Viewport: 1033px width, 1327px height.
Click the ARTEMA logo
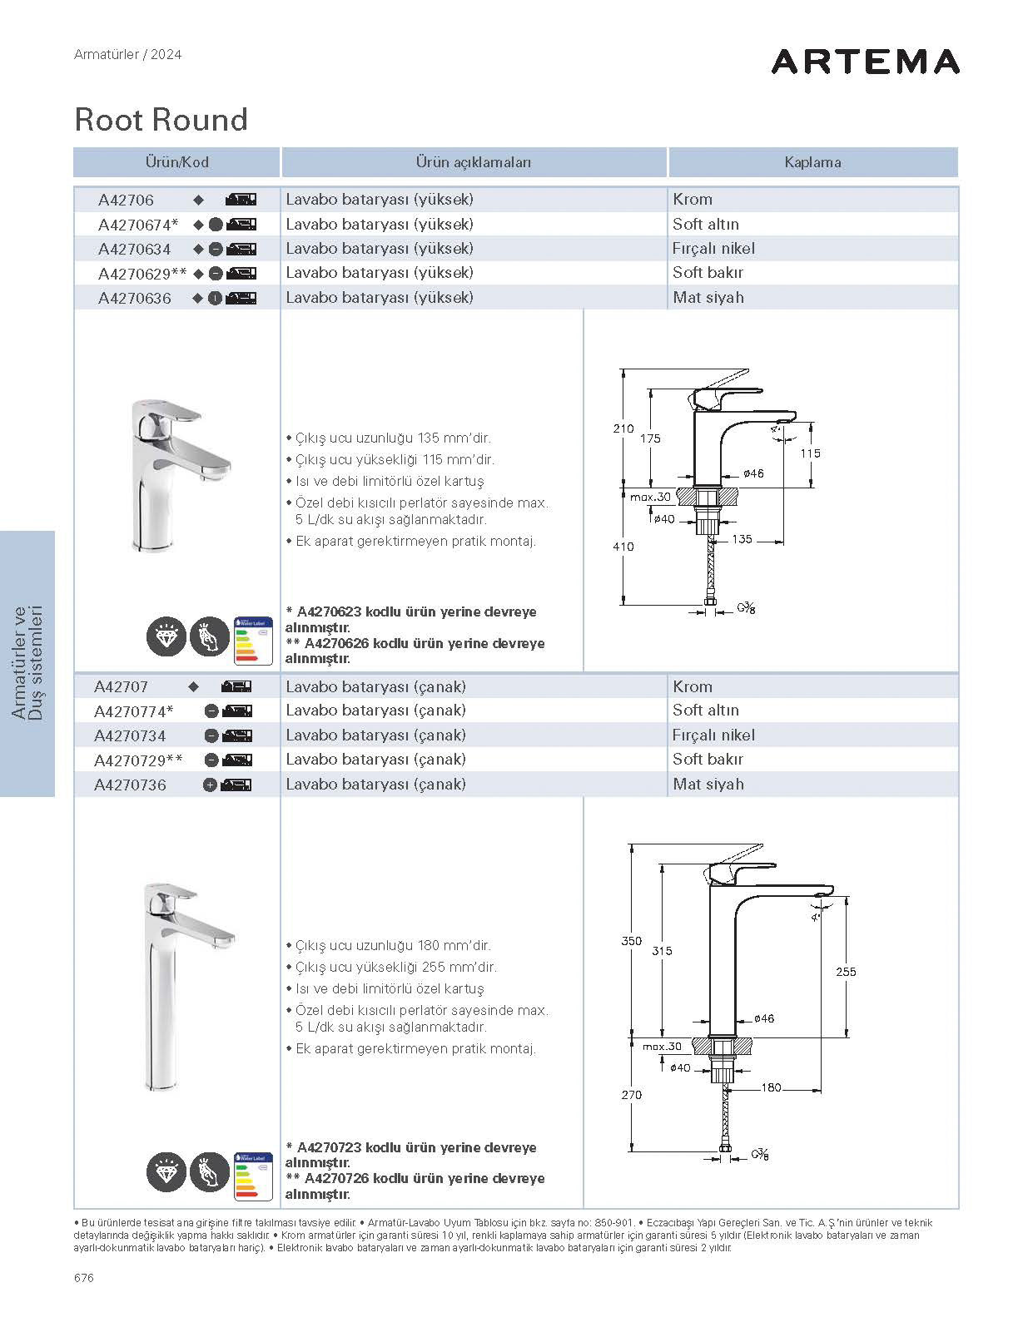click(x=865, y=62)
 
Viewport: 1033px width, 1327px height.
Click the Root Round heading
click(x=161, y=120)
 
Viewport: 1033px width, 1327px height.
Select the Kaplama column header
click(x=812, y=162)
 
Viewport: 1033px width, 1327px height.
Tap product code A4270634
click(x=134, y=249)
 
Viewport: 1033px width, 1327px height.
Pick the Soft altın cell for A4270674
click(x=706, y=224)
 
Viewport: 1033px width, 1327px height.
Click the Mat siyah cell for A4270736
click(x=708, y=784)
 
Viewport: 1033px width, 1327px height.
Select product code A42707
click(x=121, y=686)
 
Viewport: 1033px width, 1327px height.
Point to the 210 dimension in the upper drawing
click(x=623, y=428)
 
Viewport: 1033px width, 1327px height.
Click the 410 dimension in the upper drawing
click(x=623, y=547)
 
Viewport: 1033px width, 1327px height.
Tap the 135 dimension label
click(x=742, y=539)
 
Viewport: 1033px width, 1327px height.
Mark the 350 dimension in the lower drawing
click(x=631, y=941)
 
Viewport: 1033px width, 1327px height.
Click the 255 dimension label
click(x=846, y=972)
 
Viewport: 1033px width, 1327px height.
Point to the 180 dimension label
click(x=771, y=1087)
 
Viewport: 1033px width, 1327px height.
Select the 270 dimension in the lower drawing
click(x=631, y=1095)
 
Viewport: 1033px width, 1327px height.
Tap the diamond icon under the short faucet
click(x=166, y=638)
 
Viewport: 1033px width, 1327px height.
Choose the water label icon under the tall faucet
click(x=254, y=1176)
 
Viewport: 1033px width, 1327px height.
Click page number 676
click(x=83, y=1278)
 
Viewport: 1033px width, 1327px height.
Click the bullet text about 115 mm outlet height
click(x=395, y=459)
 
